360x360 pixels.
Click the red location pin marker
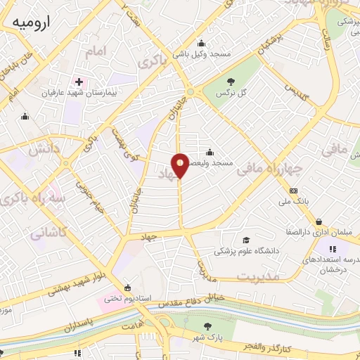tap(181, 165)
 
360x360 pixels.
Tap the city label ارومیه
tap(32, 22)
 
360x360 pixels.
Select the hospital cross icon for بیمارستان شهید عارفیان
tap(79, 81)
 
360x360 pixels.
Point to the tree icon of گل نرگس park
tap(231, 81)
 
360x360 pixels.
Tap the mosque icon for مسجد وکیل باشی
tap(201, 43)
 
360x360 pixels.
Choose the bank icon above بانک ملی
tap(293, 191)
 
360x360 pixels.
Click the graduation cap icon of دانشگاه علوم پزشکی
tap(245, 240)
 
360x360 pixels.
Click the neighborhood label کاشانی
tap(49, 232)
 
